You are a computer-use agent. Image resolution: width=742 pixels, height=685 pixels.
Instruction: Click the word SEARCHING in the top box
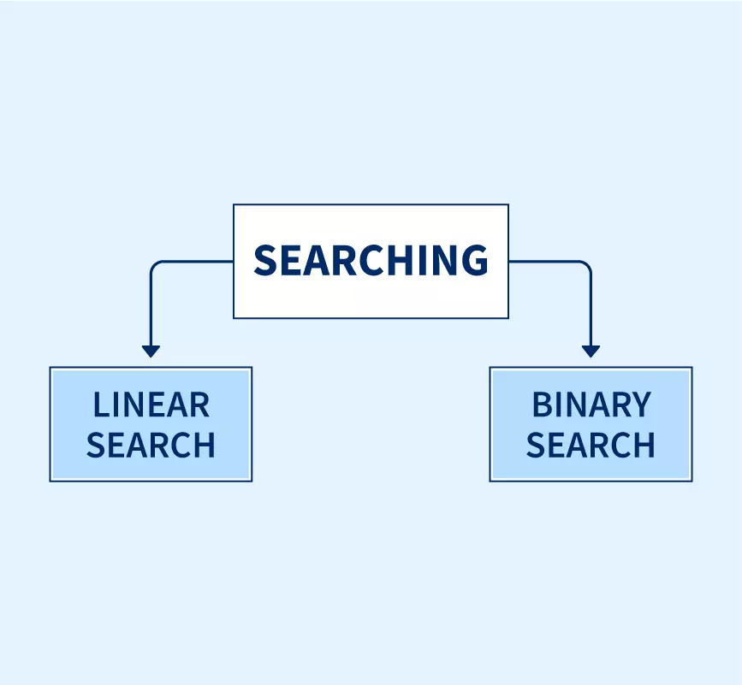[x=371, y=260]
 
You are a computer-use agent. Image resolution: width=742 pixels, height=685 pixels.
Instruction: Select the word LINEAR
[x=151, y=405]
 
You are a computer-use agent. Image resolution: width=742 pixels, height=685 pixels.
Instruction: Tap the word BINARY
[x=591, y=405]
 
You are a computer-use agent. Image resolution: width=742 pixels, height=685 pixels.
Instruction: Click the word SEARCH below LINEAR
[x=151, y=446]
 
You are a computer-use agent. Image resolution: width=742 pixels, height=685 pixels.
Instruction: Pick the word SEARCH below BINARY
[x=591, y=446]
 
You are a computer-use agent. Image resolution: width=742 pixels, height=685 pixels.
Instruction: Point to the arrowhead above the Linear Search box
[x=151, y=351]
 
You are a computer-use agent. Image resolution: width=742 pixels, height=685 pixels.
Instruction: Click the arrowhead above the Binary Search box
[x=591, y=351]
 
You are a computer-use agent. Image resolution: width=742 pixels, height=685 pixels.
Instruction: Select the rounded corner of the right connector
[x=587, y=265]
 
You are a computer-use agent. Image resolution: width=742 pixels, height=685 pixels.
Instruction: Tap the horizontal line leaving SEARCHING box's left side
[x=197, y=262]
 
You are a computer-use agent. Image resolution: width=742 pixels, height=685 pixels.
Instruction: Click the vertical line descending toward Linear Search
[x=151, y=308]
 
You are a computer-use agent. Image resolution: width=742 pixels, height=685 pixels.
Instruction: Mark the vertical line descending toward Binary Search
[x=591, y=308]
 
